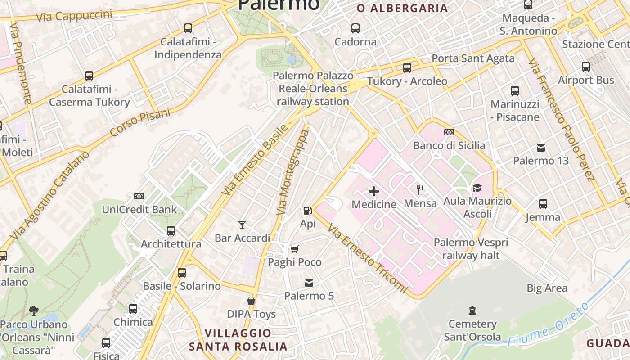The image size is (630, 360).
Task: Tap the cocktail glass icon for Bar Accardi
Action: [242, 225]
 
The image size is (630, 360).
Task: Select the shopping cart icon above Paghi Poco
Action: [295, 249]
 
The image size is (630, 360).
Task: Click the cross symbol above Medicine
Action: [373, 191]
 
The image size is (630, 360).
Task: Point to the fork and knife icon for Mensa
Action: [420, 189]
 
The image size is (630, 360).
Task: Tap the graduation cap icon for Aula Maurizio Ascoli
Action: [477, 188]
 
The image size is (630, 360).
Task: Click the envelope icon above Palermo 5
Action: [309, 283]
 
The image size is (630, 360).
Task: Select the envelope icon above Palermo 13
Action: [541, 148]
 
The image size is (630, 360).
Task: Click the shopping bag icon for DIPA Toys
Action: [251, 300]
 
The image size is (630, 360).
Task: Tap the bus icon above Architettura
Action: [171, 231]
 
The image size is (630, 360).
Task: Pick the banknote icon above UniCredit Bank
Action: [139, 196]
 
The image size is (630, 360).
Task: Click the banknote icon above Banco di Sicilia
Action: [449, 132]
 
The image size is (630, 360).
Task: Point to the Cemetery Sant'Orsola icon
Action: [472, 310]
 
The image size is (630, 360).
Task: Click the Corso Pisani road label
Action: [140, 122]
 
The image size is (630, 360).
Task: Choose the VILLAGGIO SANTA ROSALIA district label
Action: [238, 340]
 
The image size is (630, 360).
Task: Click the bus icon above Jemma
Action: [543, 204]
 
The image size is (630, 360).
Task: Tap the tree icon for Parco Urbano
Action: [33, 310]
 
